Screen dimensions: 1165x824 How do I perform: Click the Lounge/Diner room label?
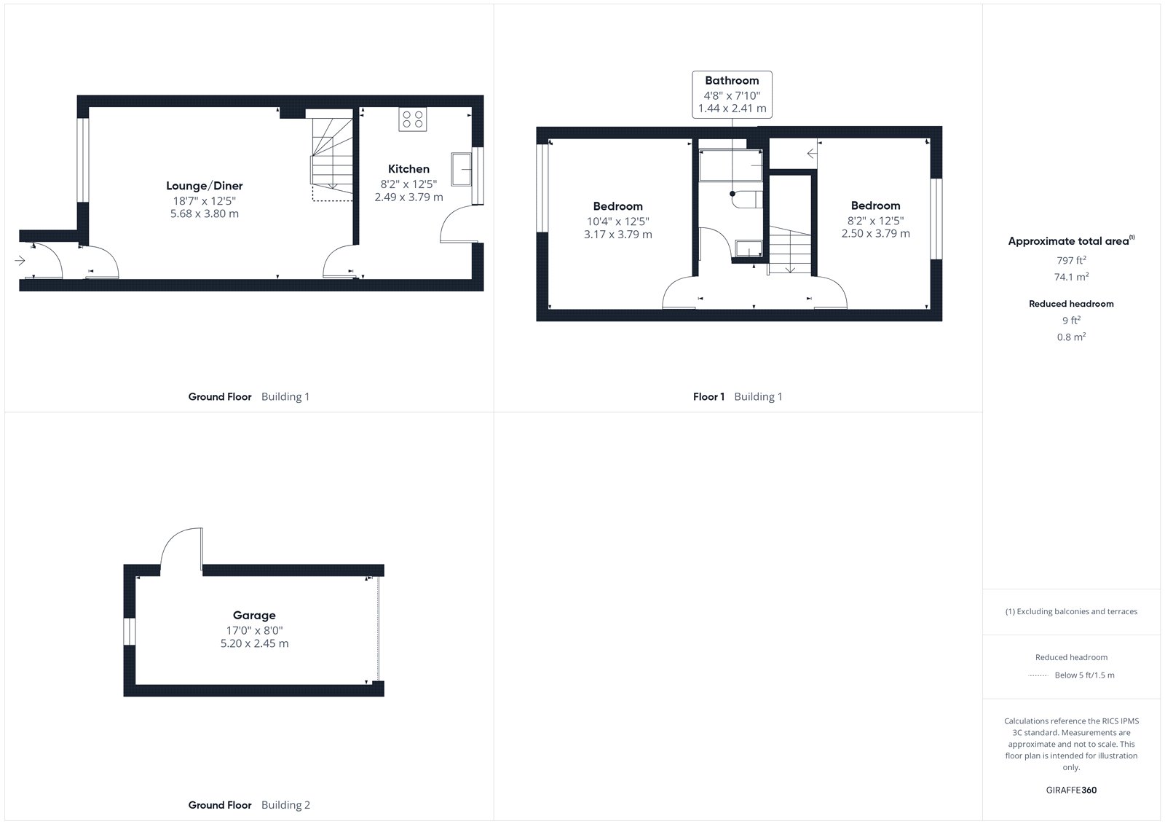click(x=205, y=186)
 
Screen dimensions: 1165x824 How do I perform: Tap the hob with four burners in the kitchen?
click(x=413, y=119)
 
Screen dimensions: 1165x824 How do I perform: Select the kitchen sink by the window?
click(x=462, y=169)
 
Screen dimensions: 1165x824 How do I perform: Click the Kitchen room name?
click(x=408, y=168)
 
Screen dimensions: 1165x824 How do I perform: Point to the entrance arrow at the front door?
click(x=20, y=260)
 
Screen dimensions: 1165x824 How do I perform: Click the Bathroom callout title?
click(x=732, y=81)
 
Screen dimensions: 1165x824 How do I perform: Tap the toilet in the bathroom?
click(x=747, y=200)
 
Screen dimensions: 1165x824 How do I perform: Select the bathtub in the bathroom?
click(x=731, y=165)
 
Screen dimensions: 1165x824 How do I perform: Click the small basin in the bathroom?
click(x=749, y=248)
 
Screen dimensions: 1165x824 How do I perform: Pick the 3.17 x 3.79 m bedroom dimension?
click(x=618, y=235)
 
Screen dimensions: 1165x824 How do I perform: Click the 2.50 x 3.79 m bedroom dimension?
click(x=876, y=234)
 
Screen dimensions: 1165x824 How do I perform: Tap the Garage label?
click(x=254, y=616)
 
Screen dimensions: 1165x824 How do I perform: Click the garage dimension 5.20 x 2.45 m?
click(x=254, y=643)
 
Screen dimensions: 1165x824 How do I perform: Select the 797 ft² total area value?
click(x=1071, y=260)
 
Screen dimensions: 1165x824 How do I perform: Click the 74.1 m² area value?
click(x=1071, y=277)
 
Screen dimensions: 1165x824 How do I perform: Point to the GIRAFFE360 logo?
click(x=1071, y=790)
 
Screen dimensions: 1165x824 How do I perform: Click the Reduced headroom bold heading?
click(x=1071, y=304)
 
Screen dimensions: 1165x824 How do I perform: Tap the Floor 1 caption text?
click(x=709, y=396)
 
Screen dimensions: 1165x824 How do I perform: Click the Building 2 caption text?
click(x=285, y=805)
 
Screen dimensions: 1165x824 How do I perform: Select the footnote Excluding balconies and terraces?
click(x=1071, y=611)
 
